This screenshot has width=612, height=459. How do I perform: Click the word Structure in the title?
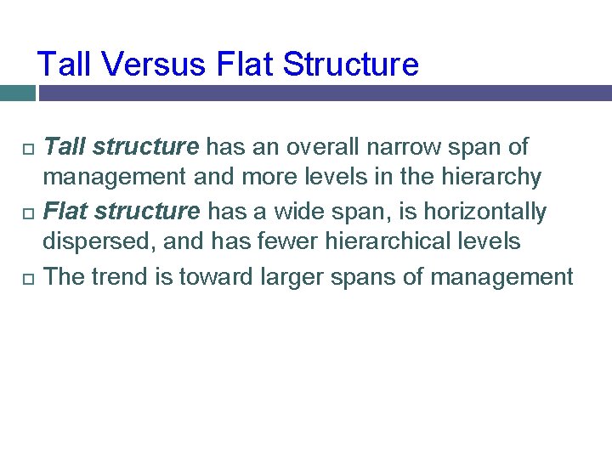click(350, 65)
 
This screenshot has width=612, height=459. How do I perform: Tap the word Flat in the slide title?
click(246, 65)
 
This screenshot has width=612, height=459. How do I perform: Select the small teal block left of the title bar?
click(16, 93)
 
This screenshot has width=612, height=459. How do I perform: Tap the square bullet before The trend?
click(25, 277)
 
